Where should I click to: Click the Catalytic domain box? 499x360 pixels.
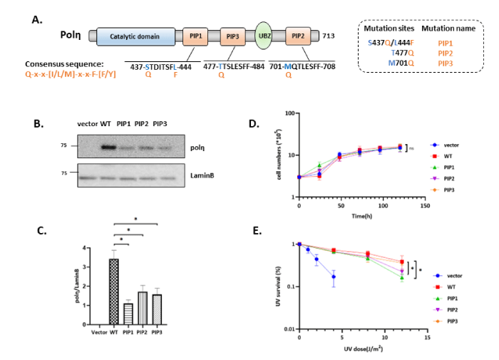click(136, 37)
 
